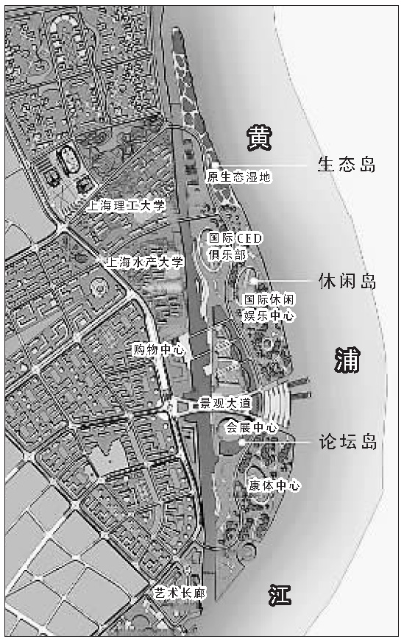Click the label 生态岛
[x=346, y=165]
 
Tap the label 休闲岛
[x=347, y=282]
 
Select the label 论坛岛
[x=347, y=443]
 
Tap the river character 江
[x=282, y=594]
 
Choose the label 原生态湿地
[x=239, y=177]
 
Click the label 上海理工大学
[x=127, y=206]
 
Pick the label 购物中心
[x=158, y=349]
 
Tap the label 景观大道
[x=225, y=404]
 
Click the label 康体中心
[x=273, y=485]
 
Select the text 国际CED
[x=235, y=239]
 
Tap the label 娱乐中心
[x=269, y=315]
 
